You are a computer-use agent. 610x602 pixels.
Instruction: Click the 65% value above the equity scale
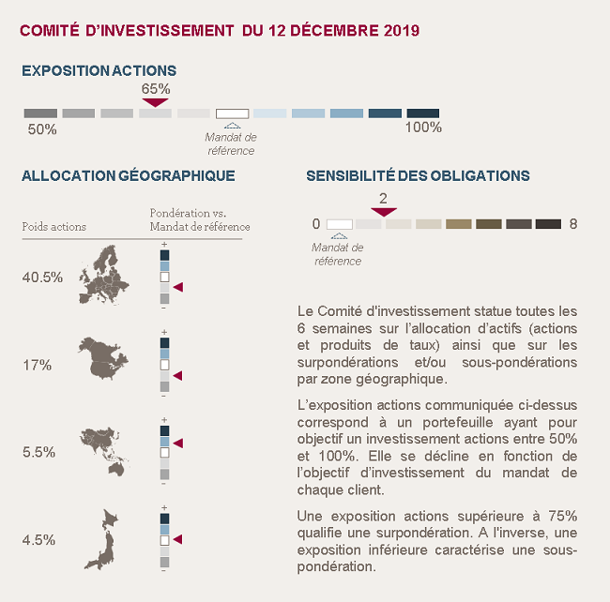[x=156, y=89]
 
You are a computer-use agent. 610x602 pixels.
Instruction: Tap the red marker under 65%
[x=155, y=102]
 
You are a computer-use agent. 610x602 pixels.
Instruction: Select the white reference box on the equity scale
[x=232, y=113]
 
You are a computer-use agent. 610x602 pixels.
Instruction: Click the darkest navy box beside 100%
[x=423, y=113]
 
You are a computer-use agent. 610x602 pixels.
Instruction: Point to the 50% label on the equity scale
[x=42, y=129]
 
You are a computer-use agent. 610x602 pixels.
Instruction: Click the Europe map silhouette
[x=103, y=275]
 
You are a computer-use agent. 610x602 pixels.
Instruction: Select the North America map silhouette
[x=103, y=358]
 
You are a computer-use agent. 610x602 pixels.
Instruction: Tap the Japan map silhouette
[x=101, y=539]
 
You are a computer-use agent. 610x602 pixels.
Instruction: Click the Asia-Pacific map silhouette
[x=104, y=451]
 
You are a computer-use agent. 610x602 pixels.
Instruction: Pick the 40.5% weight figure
[x=42, y=278]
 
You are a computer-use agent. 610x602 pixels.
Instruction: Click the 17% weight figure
[x=37, y=366]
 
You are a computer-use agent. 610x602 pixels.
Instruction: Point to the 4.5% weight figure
[x=38, y=540]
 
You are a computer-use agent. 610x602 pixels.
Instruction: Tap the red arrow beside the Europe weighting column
[x=178, y=287]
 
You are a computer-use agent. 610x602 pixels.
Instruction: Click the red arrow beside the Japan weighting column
[x=177, y=539]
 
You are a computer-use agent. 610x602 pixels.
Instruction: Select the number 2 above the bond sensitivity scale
[x=383, y=199]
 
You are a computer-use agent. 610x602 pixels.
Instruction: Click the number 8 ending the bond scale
[x=573, y=224]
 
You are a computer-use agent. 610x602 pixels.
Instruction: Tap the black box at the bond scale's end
[x=548, y=224]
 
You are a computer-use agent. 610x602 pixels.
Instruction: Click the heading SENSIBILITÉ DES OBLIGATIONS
[x=418, y=175]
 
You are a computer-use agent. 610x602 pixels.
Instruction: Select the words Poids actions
[x=54, y=227]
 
